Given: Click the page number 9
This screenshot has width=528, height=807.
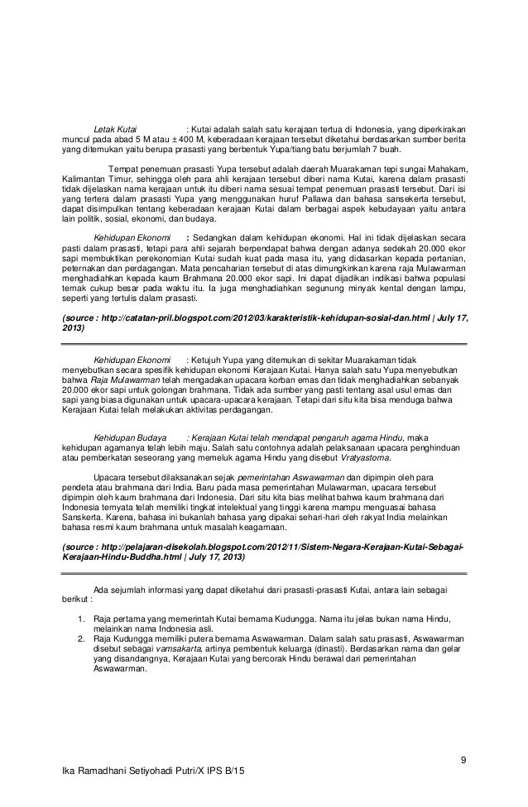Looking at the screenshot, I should click(x=464, y=760).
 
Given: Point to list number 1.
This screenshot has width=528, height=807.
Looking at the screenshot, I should click(x=81, y=618).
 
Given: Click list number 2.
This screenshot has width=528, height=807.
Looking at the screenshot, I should click(x=81, y=639).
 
